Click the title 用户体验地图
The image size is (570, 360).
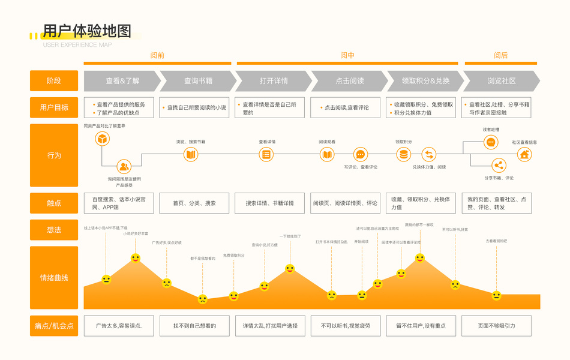click(87, 31)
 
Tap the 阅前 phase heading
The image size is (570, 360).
click(157, 55)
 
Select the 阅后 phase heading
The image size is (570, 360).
click(501, 55)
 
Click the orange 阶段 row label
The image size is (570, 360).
click(54, 81)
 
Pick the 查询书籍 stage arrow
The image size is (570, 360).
click(198, 81)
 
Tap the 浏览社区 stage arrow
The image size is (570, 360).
click(502, 81)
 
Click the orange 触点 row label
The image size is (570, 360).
click(54, 203)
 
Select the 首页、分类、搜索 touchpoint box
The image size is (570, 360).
click(194, 203)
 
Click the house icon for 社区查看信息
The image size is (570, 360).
click(524, 154)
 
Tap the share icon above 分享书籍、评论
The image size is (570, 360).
click(498, 166)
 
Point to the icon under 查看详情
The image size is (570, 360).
click(266, 154)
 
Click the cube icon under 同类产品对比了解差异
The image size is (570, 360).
click(103, 139)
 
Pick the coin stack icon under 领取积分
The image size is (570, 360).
click(403, 154)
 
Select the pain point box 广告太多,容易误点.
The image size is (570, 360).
click(119, 326)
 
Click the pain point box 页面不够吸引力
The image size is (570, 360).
click(496, 326)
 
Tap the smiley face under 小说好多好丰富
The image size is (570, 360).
click(136, 258)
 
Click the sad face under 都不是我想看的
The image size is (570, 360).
click(203, 299)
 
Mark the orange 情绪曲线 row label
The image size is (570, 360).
click(54, 278)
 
